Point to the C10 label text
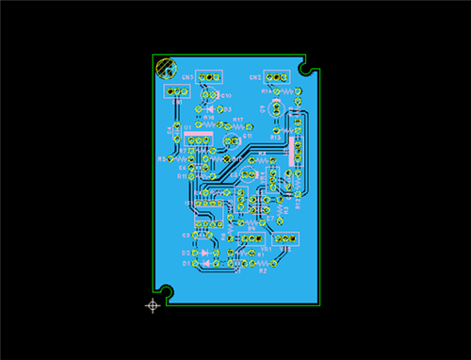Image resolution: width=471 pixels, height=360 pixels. click(x=226, y=96)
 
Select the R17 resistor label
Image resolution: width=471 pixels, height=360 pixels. click(x=238, y=120)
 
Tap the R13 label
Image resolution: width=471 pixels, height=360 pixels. click(x=275, y=137)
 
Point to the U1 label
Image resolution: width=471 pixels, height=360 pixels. click(x=187, y=126)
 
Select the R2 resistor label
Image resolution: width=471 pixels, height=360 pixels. click(x=263, y=270)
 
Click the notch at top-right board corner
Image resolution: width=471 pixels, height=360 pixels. click(x=306, y=68)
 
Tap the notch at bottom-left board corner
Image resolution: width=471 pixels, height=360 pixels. click(x=167, y=292)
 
